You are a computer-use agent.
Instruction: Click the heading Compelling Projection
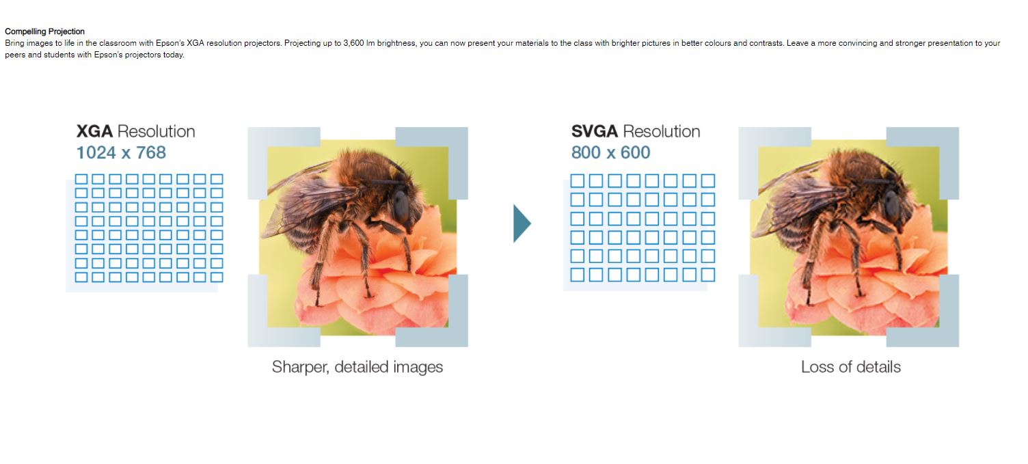(44, 31)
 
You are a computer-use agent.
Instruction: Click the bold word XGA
(94, 131)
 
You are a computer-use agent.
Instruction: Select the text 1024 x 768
(121, 152)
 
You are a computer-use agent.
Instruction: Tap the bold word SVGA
(595, 131)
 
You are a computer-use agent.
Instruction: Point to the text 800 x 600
(610, 152)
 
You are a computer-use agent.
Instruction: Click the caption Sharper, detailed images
(357, 367)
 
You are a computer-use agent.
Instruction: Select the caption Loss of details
(851, 367)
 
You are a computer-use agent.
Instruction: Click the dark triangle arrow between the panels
(522, 223)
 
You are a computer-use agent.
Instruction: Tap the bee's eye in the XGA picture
(401, 206)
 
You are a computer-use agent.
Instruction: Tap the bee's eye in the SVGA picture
(892, 206)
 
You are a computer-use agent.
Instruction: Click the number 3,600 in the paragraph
(353, 43)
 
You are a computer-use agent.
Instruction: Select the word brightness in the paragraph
(396, 43)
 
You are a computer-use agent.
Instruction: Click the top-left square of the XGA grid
(81, 179)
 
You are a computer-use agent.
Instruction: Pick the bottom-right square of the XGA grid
(217, 277)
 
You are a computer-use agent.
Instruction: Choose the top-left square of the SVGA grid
(578, 181)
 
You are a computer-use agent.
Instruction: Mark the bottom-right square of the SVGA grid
(708, 275)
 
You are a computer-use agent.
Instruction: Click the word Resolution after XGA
(156, 131)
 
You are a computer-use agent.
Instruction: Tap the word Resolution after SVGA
(662, 131)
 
